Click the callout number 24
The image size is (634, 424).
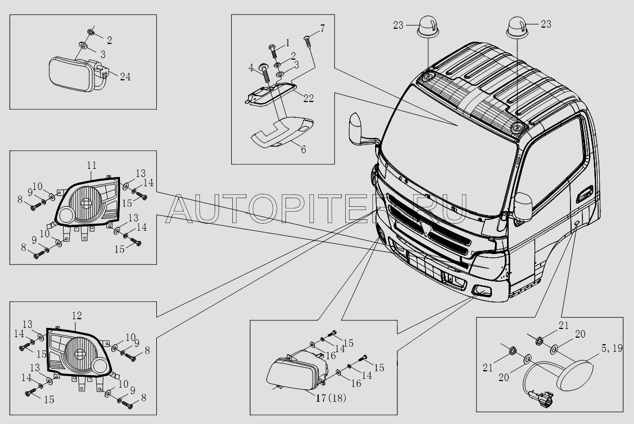125,77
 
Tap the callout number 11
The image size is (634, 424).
92,166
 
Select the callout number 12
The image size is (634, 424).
77,315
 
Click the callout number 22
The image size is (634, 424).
308,98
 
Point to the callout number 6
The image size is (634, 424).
303,149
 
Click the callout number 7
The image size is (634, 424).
322,28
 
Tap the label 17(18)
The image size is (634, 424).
331,398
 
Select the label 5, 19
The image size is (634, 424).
612,349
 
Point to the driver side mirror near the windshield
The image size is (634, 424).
356,129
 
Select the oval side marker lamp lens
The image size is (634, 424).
575,375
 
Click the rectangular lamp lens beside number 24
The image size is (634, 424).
69,74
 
